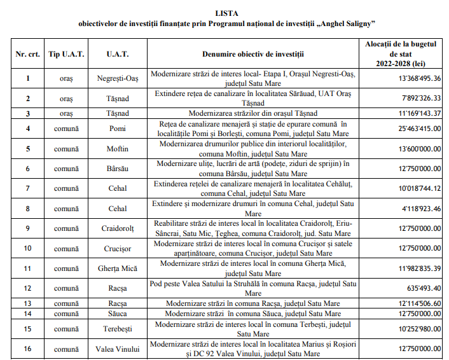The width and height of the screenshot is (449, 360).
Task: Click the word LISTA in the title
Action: pos(227,12)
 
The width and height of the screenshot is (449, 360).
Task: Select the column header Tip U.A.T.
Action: pos(66,53)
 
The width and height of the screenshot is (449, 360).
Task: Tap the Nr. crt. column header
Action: pos(28,53)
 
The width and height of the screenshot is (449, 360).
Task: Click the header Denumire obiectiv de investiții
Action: pos(253,53)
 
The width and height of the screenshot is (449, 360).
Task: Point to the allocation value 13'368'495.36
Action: pos(411,78)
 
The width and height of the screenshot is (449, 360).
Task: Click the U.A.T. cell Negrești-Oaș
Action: pos(117,78)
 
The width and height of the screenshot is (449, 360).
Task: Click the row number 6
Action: pos(28,169)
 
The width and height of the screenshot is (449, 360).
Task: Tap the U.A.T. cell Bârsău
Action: pos(117,169)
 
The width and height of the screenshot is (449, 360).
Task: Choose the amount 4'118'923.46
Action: pos(413,208)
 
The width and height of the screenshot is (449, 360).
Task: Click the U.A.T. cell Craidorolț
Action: pos(117,228)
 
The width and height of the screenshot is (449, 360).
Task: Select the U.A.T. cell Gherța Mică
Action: pos(117,268)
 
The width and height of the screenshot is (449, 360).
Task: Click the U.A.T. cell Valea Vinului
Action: pos(117,349)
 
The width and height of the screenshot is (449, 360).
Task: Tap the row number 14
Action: pos(28,314)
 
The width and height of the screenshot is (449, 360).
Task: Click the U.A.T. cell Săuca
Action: pos(117,314)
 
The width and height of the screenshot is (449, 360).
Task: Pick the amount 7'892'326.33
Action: pos(413,99)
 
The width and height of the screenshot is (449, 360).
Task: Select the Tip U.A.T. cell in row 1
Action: pos(66,78)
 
